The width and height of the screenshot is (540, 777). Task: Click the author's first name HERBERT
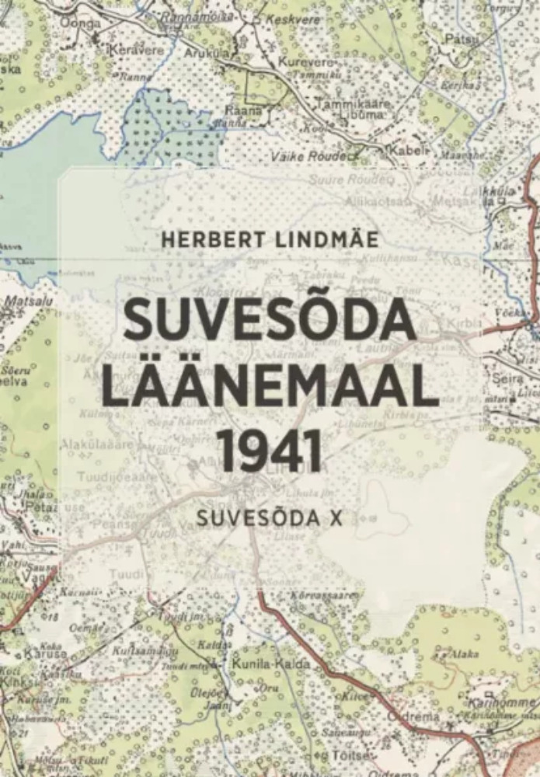[x=203, y=239]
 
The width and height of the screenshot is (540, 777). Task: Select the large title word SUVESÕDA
[x=270, y=319]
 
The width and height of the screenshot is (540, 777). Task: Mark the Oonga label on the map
[x=86, y=24]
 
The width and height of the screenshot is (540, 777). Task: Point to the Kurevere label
[x=305, y=61]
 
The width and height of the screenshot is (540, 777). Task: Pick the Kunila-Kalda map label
[x=270, y=664]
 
